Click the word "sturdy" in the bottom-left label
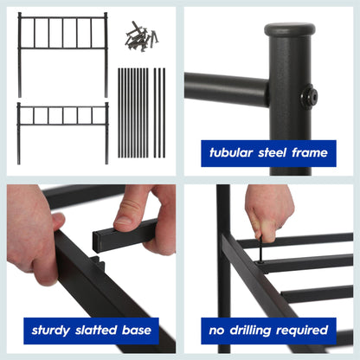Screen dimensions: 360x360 pyautogui.click(x=53, y=330)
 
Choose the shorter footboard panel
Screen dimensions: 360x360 pyautogui.click(x=62, y=125)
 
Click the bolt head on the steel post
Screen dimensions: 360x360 pyautogui.click(x=309, y=97)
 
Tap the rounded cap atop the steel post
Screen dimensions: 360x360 pyautogui.click(x=289, y=32)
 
